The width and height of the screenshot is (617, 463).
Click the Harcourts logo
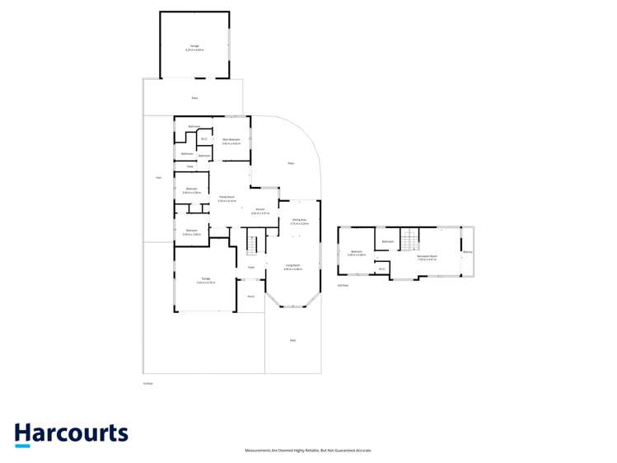[71, 434]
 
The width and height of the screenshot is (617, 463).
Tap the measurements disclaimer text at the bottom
[308, 451]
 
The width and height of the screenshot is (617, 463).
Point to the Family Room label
[227, 197]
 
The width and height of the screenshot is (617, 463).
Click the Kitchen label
[259, 210]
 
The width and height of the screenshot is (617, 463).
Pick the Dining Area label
[299, 220]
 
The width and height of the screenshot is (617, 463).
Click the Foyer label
[251, 267]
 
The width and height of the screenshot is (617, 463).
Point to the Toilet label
[189, 166]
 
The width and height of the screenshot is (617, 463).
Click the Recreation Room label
[427, 256]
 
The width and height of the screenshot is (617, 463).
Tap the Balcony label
[467, 252]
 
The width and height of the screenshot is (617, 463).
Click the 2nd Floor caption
[343, 285]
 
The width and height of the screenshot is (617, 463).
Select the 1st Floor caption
[148, 383]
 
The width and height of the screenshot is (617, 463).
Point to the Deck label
[292, 340]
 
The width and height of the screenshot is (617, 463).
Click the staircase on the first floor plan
[253, 244]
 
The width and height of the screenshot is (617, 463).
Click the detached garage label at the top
[195, 47]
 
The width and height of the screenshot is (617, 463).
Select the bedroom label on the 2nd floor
[357, 251]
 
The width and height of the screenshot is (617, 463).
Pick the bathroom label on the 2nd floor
[388, 241]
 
